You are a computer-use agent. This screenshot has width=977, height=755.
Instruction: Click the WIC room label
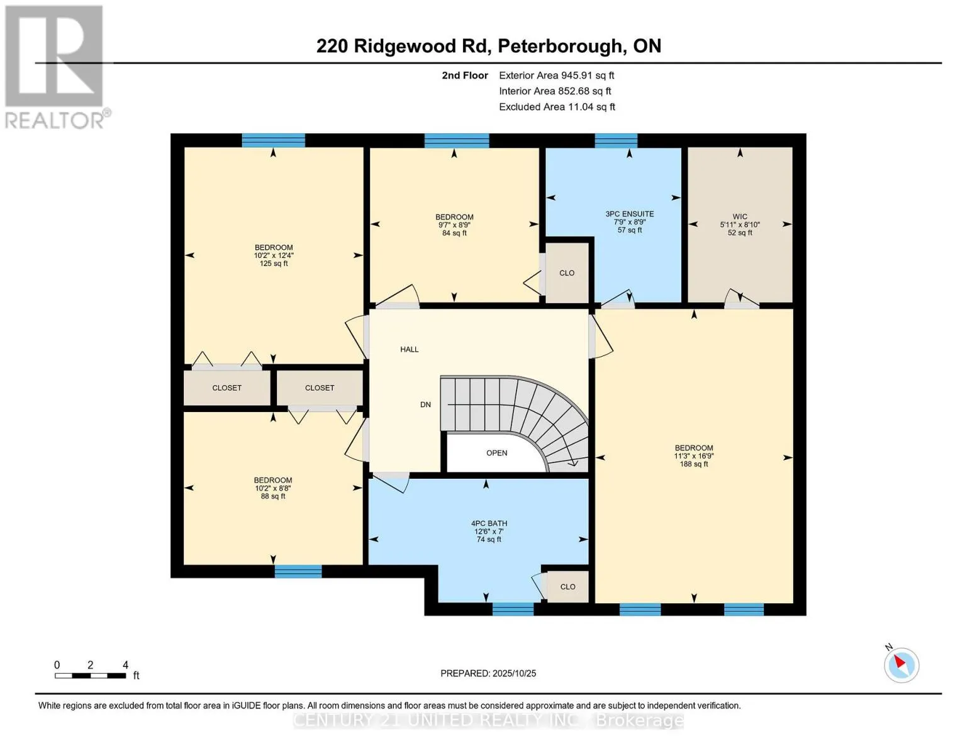coord(740,216)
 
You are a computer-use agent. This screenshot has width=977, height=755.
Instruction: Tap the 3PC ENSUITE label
coord(630,214)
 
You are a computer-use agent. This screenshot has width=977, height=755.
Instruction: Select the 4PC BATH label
coord(489,523)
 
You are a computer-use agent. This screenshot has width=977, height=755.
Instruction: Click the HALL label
coord(410,349)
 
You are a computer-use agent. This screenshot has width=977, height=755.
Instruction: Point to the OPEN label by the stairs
coord(496,453)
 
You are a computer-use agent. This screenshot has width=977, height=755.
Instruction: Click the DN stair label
coord(426,405)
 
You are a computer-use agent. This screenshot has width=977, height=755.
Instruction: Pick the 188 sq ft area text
coord(694,464)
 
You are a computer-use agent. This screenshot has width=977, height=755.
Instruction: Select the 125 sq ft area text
coord(274,264)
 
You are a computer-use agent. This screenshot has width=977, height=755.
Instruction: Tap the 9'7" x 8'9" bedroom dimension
coord(454,225)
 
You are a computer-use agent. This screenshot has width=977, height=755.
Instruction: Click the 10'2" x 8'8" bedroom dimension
coord(273,488)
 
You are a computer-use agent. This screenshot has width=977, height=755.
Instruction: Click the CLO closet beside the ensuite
coord(567,273)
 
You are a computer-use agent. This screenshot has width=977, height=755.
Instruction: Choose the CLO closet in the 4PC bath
coord(567,587)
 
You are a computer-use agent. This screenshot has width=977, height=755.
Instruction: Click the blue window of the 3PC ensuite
coord(616,140)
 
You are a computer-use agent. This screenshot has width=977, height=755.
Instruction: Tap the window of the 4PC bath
coord(513,608)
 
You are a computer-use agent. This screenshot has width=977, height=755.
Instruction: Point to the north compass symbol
coord(902,664)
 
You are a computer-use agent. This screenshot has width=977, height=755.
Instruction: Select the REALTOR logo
coord(55,66)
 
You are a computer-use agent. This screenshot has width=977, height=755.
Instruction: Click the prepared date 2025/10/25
coord(514,673)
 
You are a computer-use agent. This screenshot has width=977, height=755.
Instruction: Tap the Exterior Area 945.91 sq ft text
coord(556,75)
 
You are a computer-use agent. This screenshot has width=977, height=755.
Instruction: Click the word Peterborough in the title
coord(561,46)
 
